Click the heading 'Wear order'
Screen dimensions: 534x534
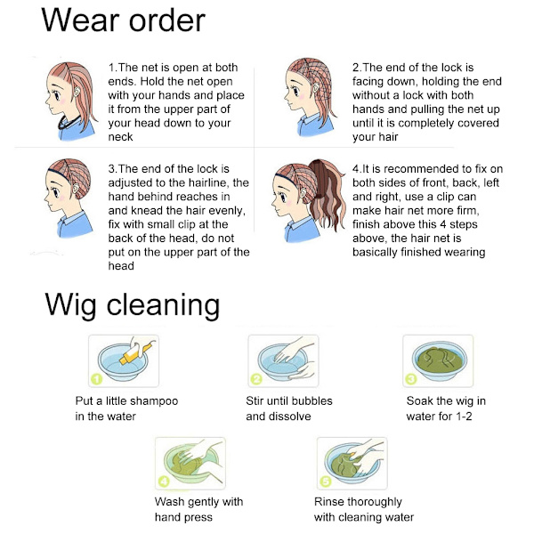123,20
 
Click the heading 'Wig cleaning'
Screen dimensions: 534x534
132,305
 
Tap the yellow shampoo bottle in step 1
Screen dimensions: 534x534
135,354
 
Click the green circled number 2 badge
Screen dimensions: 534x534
256,379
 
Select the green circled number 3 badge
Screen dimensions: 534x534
410,379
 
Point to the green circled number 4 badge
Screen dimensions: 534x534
164,481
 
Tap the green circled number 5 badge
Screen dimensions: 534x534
326,481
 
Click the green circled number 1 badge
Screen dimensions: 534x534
97,379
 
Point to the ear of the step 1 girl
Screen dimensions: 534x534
77,92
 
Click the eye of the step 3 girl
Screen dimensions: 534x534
55,193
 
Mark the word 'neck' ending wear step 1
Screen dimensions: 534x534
120,137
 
